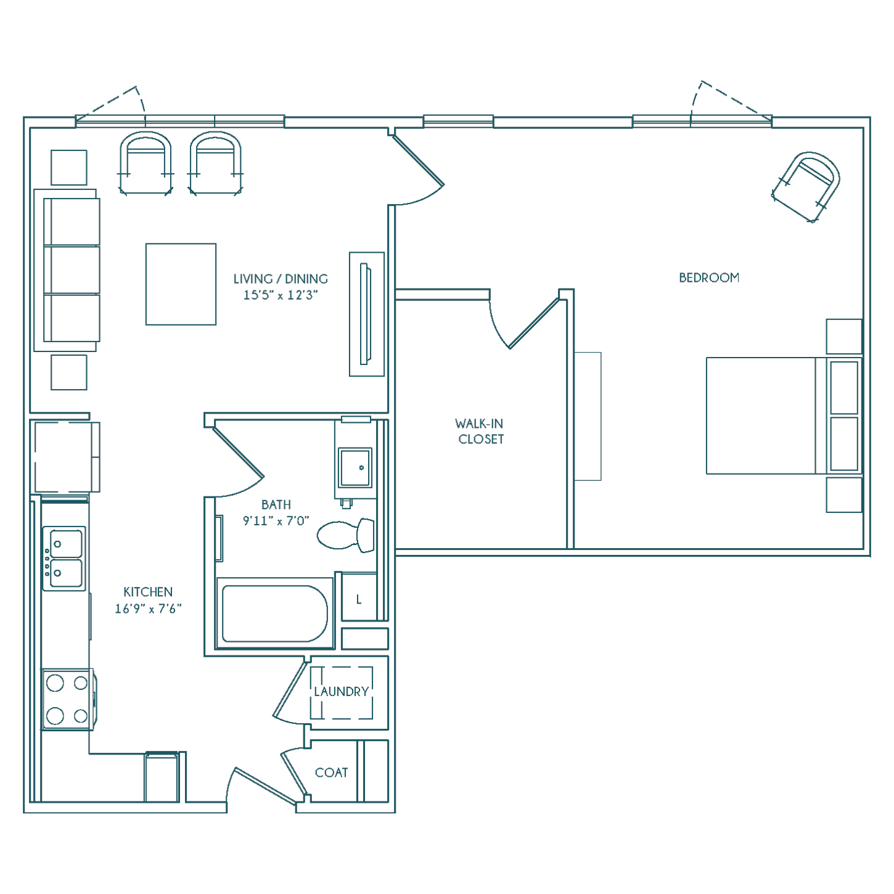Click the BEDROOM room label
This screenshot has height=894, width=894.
[709, 278]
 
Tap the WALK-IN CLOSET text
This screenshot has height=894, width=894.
[480, 431]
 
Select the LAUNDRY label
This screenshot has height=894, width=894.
[342, 692]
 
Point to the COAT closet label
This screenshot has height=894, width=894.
[331, 773]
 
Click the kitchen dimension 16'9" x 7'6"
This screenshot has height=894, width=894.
[148, 609]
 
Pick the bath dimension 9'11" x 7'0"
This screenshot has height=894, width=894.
[276, 520]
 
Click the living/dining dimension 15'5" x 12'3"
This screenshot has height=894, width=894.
[281, 295]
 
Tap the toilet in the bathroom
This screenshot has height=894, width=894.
[346, 535]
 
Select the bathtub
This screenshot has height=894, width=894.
[275, 613]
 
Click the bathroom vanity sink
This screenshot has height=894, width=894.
[355, 467]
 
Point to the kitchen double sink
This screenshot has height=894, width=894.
[64, 559]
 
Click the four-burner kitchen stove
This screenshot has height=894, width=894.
[68, 700]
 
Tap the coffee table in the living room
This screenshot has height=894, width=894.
[181, 284]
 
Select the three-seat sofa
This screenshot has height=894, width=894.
[67, 270]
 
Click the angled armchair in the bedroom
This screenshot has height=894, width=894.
[806, 187]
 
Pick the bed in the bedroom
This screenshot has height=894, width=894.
[784, 416]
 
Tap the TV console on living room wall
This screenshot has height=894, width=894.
[366, 314]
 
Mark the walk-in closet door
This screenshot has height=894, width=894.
[533, 324]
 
